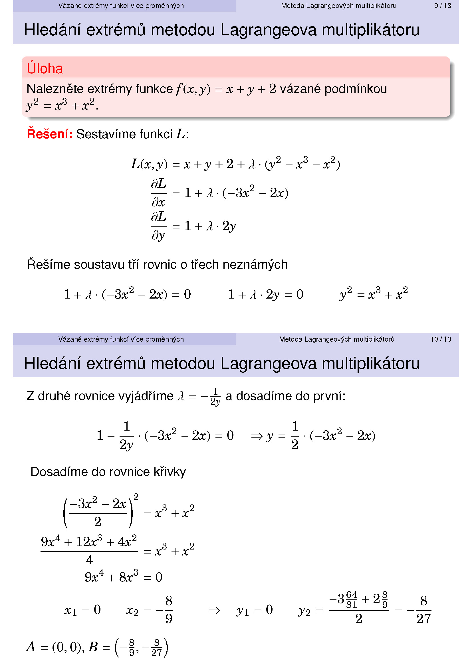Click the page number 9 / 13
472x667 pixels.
coord(442,6)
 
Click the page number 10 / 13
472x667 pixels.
coord(441,339)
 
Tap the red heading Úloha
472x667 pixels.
coord(45,69)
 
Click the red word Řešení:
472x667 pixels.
coord(49,134)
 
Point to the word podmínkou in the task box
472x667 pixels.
coord(356,89)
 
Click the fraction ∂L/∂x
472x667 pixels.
coord(158,193)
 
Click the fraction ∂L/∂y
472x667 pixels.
coord(158,226)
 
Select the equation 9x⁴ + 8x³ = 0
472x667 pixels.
coord(124,577)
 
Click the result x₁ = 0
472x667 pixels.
coord(82,610)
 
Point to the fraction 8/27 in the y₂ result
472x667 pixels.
coord(423,610)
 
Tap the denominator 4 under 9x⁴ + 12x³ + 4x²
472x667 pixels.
coord(89,560)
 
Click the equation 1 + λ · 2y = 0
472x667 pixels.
coord(266,295)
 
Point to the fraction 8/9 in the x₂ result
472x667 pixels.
coord(169,610)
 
